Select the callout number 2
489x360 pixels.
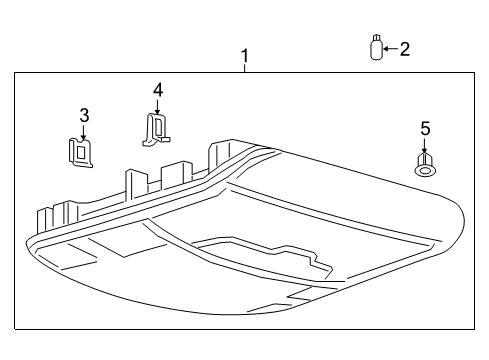[404, 48]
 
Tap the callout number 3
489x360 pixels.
[84, 114]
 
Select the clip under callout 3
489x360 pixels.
[79, 151]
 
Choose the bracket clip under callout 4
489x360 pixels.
[155, 129]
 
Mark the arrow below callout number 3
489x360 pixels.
[84, 130]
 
